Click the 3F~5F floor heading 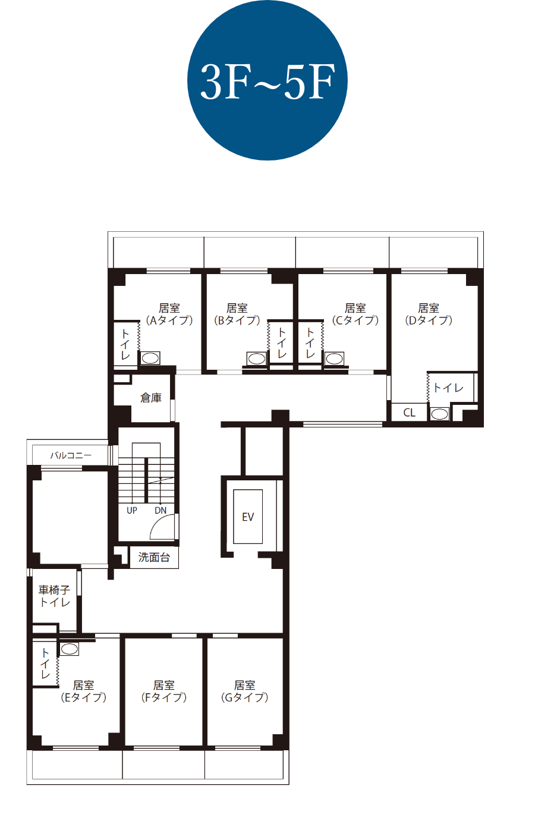coord(267,81)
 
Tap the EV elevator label coord(248,517)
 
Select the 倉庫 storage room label coord(151,398)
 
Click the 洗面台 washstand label coord(154,557)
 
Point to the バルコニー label coord(71,455)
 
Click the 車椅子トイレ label coord(55,596)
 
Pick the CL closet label coord(409,413)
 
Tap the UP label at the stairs coord(131,510)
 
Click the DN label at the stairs coord(160,510)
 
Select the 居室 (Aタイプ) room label coord(169,314)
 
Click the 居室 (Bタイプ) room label coord(237,314)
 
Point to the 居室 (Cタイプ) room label coord(355,314)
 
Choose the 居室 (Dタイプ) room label coord(429,314)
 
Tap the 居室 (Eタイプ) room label coord(83,691)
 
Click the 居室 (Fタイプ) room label coord(164,691)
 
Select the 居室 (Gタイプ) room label coord(244,691)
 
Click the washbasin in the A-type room coord(150,358)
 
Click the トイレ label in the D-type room coord(448,388)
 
